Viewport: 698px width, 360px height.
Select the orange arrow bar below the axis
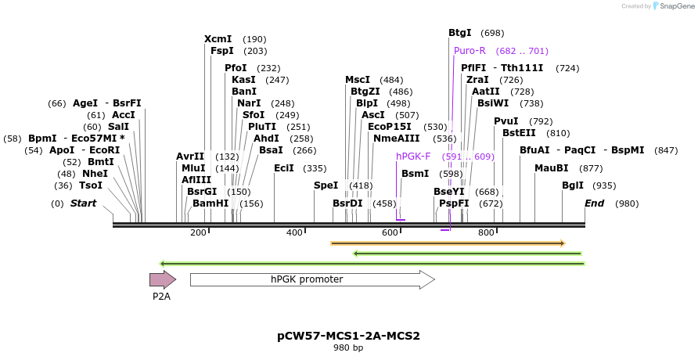coord(447,243)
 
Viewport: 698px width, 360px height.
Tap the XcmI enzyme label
coord(218,39)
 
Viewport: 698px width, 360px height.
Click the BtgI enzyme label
coord(459,33)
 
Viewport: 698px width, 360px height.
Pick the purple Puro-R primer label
coord(470,51)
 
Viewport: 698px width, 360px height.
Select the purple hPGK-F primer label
coord(413,157)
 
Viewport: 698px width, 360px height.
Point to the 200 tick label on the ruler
coord(198,232)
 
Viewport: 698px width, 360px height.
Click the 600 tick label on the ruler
coord(390,232)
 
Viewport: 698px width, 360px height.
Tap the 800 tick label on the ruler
coord(486,232)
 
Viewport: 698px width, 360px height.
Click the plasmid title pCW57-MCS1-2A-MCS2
coord(348,336)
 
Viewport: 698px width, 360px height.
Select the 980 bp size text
coord(348,347)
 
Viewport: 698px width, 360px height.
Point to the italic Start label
coord(83,203)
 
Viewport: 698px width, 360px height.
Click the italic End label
coord(595,203)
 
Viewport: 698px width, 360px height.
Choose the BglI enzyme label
coord(573,185)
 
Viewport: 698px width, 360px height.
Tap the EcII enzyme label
coord(284,168)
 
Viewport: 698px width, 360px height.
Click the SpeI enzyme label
coord(326,185)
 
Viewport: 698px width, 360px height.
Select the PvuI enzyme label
coord(506,121)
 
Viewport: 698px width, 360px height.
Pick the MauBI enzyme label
coord(552,168)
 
